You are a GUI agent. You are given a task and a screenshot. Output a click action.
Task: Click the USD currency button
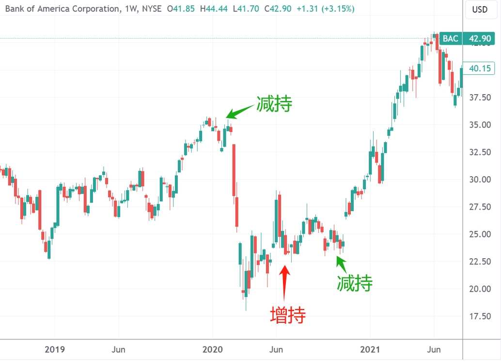[x=480, y=9]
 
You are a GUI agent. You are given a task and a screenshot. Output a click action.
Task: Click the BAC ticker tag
[x=450, y=38]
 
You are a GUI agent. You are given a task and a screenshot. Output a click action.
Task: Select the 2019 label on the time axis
[x=55, y=349]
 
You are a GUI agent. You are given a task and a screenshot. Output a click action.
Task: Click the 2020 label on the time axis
[x=212, y=349]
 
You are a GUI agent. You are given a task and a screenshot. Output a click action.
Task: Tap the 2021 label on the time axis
[x=370, y=349]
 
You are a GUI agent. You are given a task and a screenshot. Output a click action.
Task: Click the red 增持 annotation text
[x=288, y=315]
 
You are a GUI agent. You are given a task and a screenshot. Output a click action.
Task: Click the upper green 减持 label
[x=274, y=103]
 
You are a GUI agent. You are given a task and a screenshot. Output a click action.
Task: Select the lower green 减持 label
[x=355, y=283]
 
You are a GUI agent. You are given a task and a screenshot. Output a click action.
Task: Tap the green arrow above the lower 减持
[x=342, y=264]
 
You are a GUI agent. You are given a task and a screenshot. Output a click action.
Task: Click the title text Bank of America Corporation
[x=61, y=9]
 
